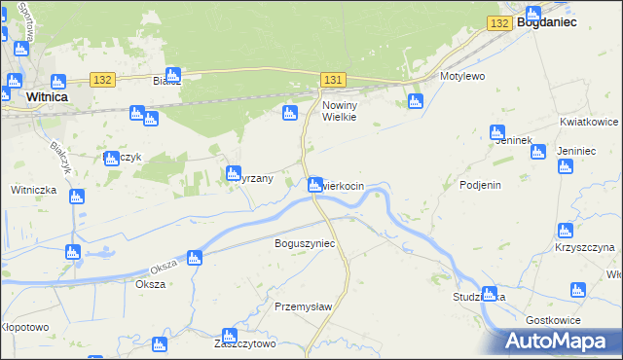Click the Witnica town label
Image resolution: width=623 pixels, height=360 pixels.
[46, 97]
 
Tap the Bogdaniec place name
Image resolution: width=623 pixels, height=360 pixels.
[547, 20]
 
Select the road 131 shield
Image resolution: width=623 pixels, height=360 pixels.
[333, 79]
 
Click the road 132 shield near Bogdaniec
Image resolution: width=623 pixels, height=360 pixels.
[500, 22]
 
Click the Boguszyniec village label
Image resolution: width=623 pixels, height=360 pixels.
[306, 242]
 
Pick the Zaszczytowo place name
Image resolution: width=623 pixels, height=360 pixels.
[245, 343]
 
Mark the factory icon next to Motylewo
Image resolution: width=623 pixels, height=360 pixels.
[416, 101]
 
